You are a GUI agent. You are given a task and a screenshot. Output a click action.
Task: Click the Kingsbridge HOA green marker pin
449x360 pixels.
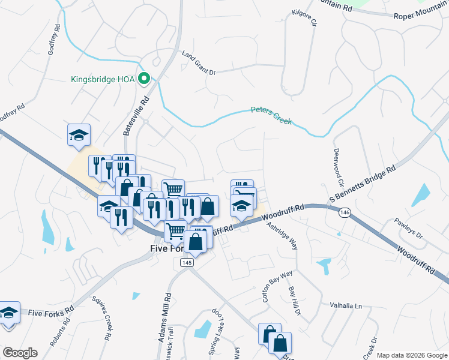tap(144, 79)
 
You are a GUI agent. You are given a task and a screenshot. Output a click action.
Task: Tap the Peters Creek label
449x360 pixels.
tap(271, 116)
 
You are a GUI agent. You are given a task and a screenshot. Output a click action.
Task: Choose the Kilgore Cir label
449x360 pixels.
tap(304, 18)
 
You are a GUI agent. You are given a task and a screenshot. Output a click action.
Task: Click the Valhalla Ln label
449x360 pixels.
tap(346, 306)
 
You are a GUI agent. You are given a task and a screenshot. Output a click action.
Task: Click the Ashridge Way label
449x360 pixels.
tap(283, 236)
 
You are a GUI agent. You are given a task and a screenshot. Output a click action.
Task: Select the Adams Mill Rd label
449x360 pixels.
tap(164, 317)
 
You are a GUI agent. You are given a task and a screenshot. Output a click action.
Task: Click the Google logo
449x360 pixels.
tap(20, 353)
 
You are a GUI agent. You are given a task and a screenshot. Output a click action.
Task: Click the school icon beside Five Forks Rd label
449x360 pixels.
tap(8, 313)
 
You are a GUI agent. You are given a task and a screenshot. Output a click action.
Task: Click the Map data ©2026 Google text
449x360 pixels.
tap(412, 355)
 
